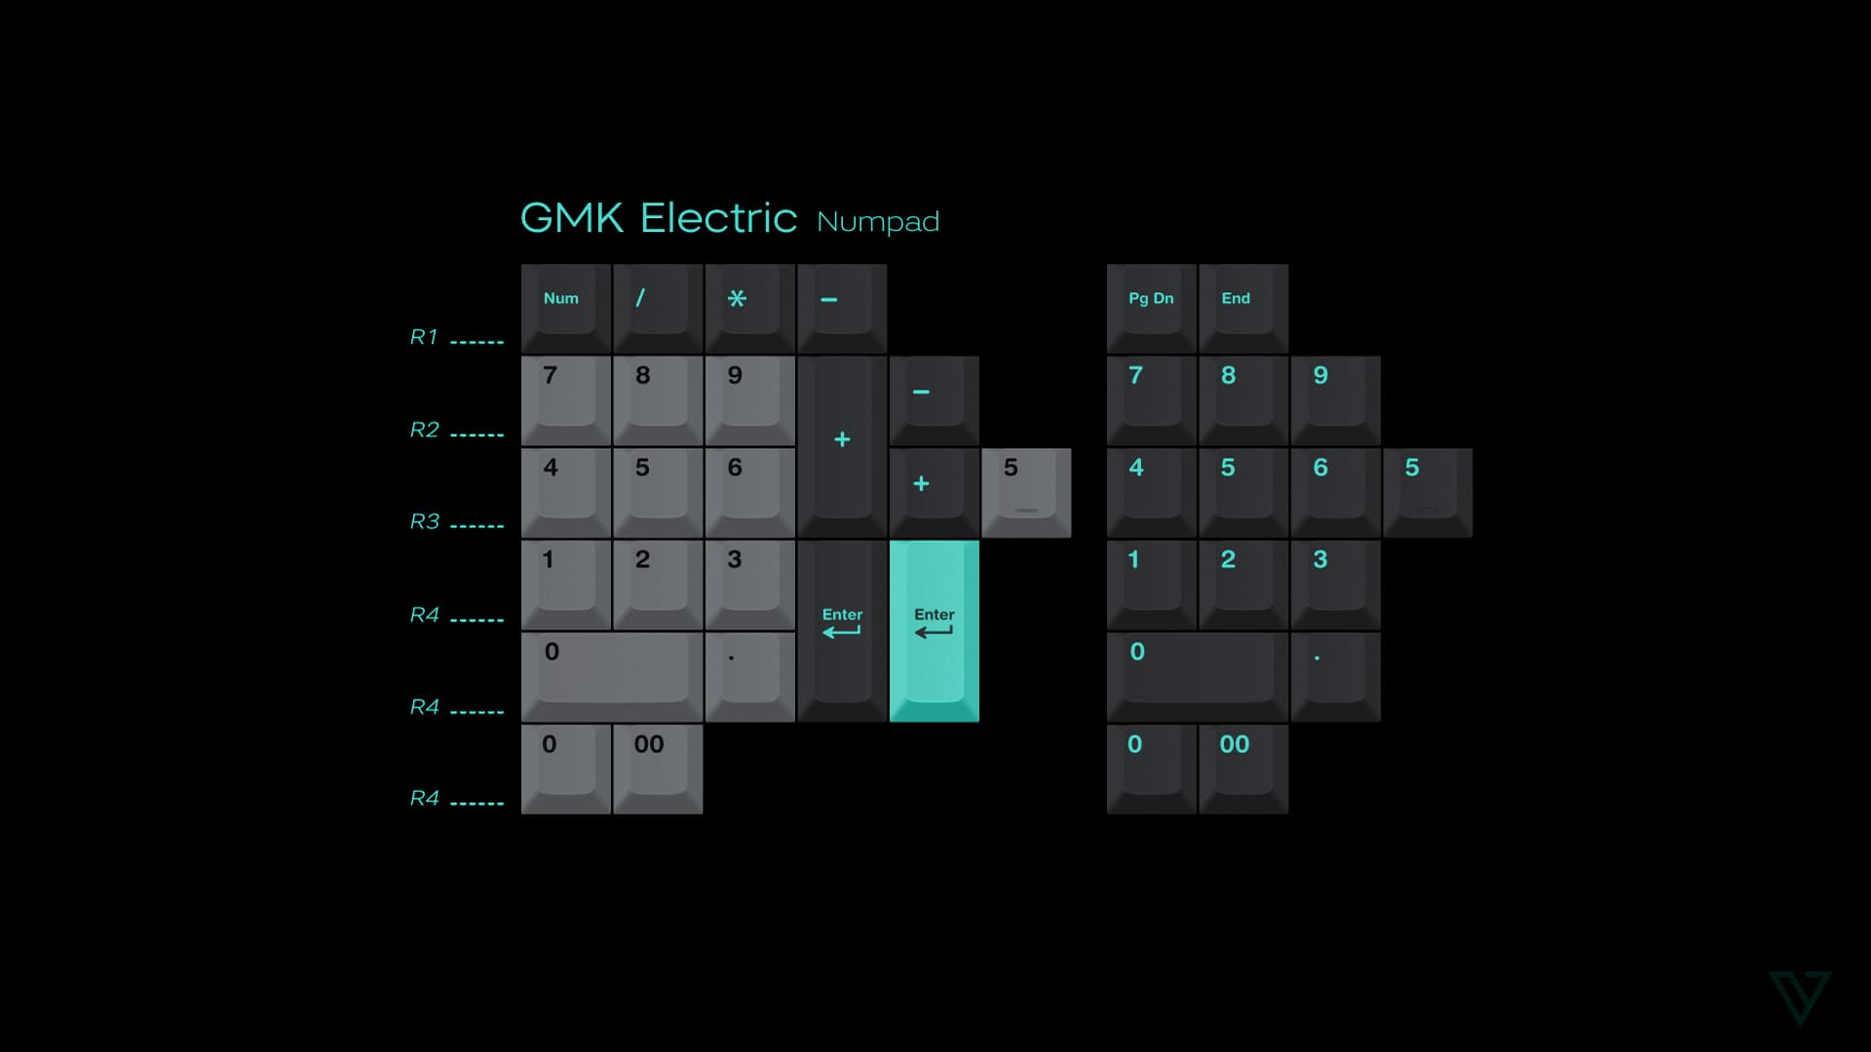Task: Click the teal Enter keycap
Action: coord(934,630)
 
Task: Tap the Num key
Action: coord(565,308)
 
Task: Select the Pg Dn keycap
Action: coord(1151,308)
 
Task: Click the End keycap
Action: coord(1242,308)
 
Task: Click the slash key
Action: coord(658,308)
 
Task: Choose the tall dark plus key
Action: coord(842,446)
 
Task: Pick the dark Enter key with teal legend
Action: coord(842,630)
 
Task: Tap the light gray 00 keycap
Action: coord(658,769)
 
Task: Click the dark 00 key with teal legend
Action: coord(1242,769)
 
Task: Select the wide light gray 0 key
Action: coord(612,676)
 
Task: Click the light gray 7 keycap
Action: coord(565,400)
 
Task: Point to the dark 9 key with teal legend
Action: coord(1335,400)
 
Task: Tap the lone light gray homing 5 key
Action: coord(1026,492)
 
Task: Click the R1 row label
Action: coord(424,337)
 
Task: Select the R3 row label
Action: coord(424,521)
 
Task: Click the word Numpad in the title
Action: coord(877,222)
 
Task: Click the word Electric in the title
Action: coord(718,218)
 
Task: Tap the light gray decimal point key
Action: coord(749,676)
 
